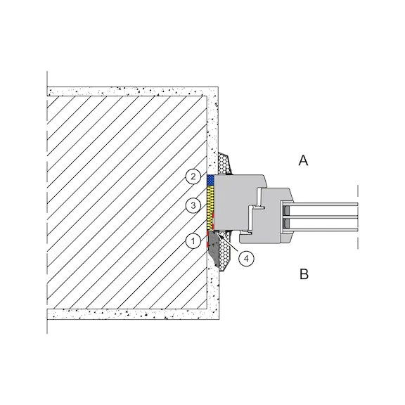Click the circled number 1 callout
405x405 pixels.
tap(193, 241)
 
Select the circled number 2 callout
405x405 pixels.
tap(193, 176)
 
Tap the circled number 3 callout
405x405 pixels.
tap(193, 205)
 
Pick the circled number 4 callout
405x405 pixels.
tap(246, 258)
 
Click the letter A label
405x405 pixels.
tap(303, 160)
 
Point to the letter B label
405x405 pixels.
tap(304, 274)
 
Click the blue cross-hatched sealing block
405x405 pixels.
tap(210, 180)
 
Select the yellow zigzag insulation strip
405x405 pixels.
tap(211, 208)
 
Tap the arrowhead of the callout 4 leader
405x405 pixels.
tap(219, 234)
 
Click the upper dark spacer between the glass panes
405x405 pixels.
tap(286, 212)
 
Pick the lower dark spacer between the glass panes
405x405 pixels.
tap(286, 224)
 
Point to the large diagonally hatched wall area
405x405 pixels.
tap(127, 202)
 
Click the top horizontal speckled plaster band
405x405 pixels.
tap(131, 91)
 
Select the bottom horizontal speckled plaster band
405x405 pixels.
tap(132, 314)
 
